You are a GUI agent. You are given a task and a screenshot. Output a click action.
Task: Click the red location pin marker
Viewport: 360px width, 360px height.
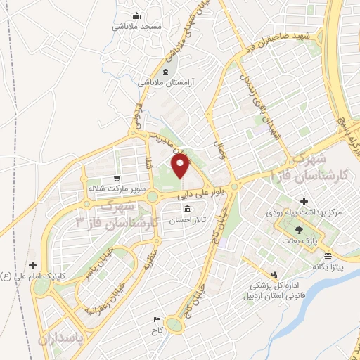(181, 167)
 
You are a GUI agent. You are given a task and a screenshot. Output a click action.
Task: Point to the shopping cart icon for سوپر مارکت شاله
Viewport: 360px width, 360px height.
(115, 179)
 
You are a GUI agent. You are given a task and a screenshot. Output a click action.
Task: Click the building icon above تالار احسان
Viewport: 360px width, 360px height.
(187, 210)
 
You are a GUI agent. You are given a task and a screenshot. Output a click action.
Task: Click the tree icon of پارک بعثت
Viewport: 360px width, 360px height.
(300, 230)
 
